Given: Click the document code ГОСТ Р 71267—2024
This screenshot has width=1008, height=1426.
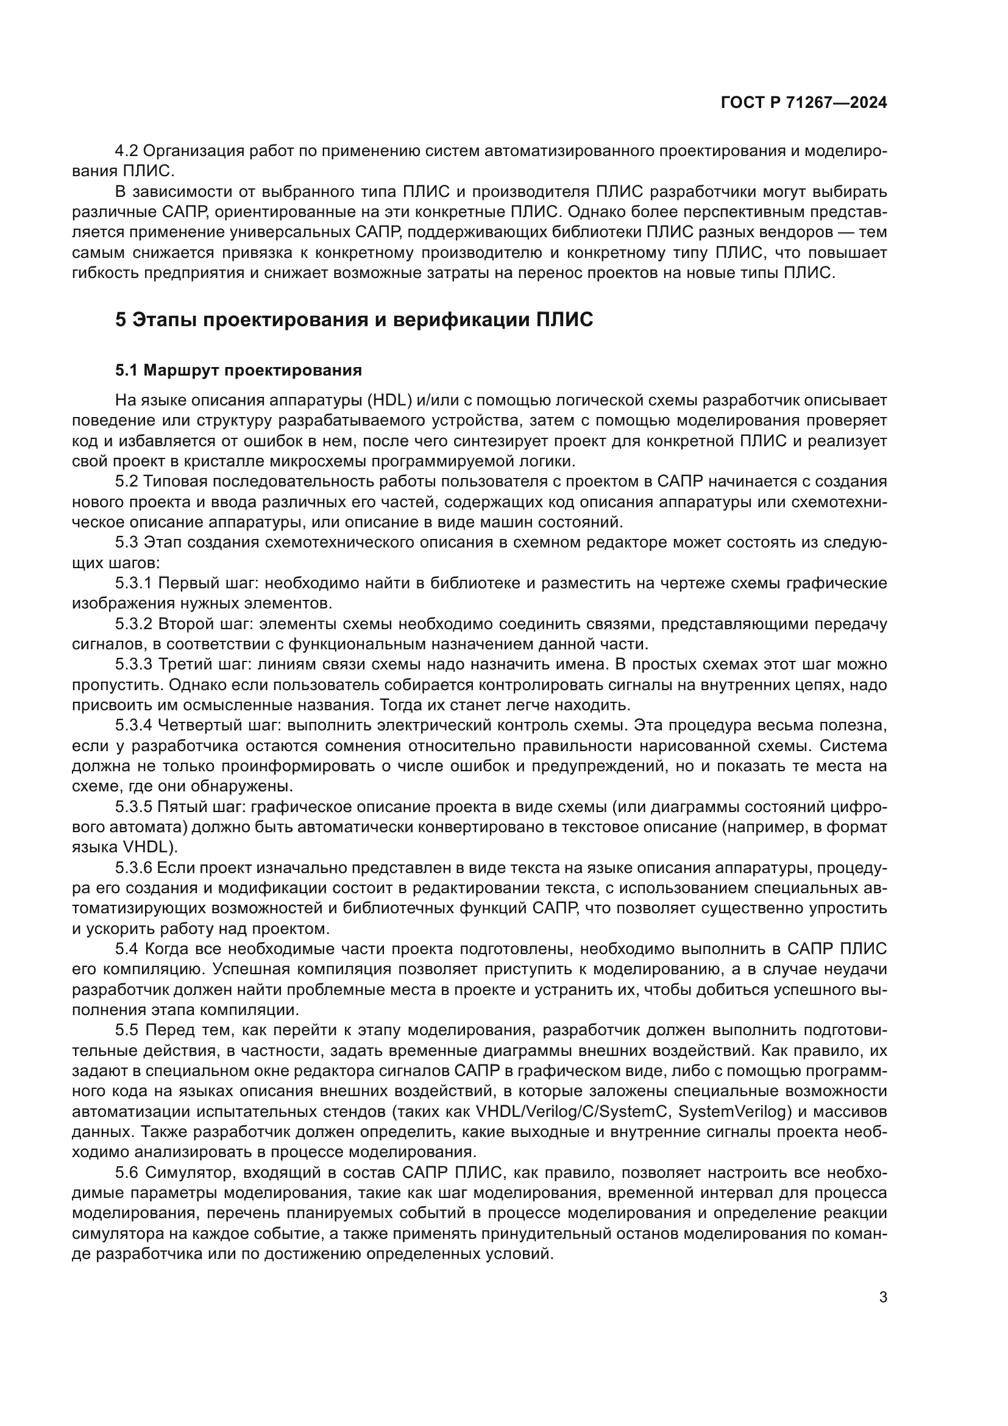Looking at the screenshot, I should (803, 103).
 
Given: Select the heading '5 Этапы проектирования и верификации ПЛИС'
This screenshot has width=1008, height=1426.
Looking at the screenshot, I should (355, 320).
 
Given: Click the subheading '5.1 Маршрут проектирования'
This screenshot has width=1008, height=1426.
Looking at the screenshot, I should (238, 371).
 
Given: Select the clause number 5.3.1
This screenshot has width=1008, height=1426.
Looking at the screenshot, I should (133, 583).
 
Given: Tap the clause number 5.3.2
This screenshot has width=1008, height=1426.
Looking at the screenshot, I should (133, 624).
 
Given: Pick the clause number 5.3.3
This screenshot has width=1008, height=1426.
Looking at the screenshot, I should (133, 665).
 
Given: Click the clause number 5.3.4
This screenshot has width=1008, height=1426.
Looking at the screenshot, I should (133, 725).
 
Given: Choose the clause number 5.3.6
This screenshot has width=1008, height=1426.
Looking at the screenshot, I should (133, 868).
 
